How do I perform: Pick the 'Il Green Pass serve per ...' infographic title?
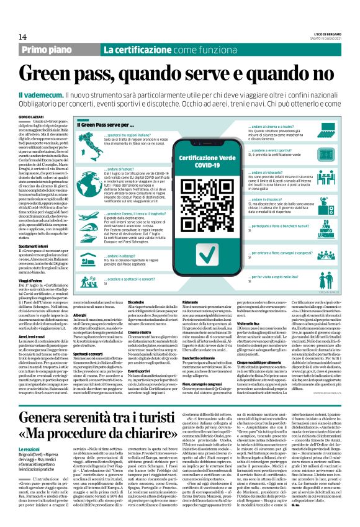108,126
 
